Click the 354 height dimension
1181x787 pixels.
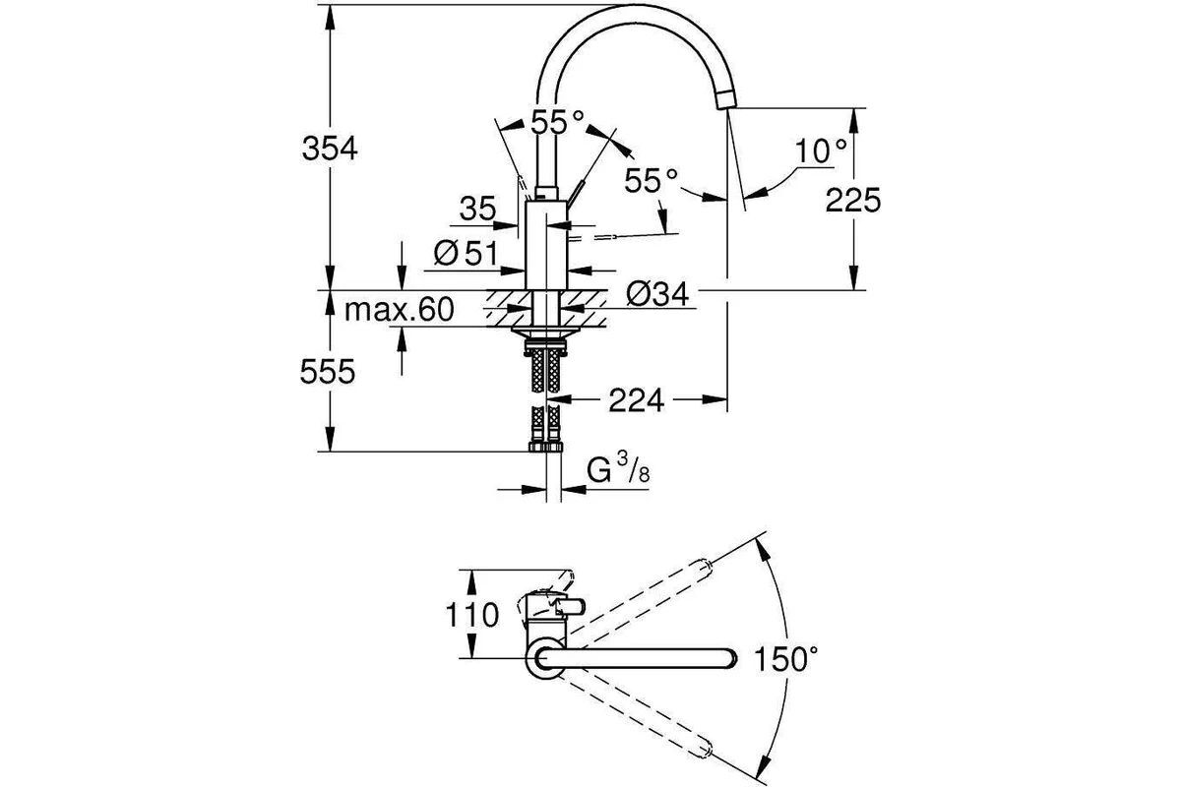pos(330,149)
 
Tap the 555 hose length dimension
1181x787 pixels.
pos(328,372)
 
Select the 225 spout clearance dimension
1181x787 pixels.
pos(852,201)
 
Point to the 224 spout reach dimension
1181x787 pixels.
pos(637,400)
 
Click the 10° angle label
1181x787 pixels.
pos(821,151)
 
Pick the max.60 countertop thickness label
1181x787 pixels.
pos(400,310)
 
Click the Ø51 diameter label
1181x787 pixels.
pos(466,253)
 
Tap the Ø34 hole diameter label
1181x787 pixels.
pos(657,293)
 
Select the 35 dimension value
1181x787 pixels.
pos(477,209)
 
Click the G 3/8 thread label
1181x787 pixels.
pos(618,469)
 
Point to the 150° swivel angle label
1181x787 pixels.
pos(786,659)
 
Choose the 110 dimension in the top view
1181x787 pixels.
pos(471,615)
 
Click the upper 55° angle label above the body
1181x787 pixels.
pos(557,123)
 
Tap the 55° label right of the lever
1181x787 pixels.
pos(652,181)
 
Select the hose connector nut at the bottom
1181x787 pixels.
pos(545,447)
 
